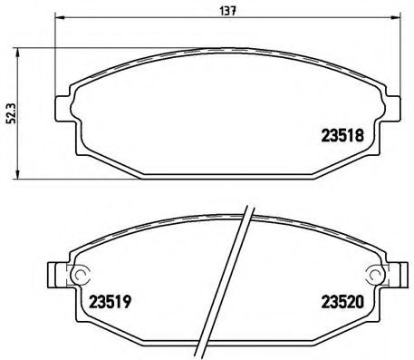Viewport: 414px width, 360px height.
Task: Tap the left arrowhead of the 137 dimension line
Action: click(60, 18)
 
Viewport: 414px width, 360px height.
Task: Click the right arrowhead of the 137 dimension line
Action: click(391, 18)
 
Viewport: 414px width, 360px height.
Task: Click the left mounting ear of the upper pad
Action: click(63, 108)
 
